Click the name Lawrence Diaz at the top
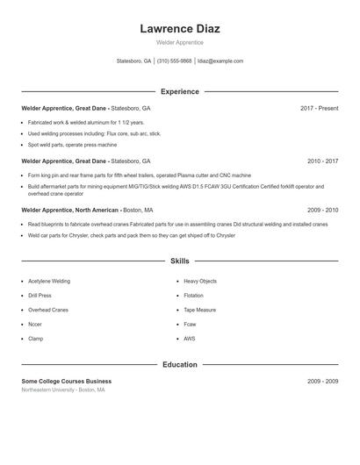pyautogui.click(x=180, y=29)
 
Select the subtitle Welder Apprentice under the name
pyautogui.click(x=180, y=42)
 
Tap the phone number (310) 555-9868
pyautogui.click(x=174, y=61)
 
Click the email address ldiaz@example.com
pyautogui.click(x=220, y=61)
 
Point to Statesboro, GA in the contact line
pyautogui.click(x=134, y=61)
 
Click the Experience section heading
pyautogui.click(x=180, y=91)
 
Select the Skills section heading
pyautogui.click(x=180, y=261)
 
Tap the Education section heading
pyautogui.click(x=180, y=364)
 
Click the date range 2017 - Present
pyautogui.click(x=319, y=108)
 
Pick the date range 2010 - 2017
pyautogui.click(x=322, y=161)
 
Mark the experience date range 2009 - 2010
pyautogui.click(x=322, y=211)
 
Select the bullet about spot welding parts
pyautogui.click(x=72, y=145)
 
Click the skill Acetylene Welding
pyautogui.click(x=49, y=282)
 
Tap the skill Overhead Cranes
pyautogui.click(x=48, y=310)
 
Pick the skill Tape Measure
pyautogui.click(x=200, y=310)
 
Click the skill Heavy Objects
pyautogui.click(x=200, y=282)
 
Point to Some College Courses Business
pyautogui.click(x=67, y=382)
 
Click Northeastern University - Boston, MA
pyautogui.click(x=63, y=390)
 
